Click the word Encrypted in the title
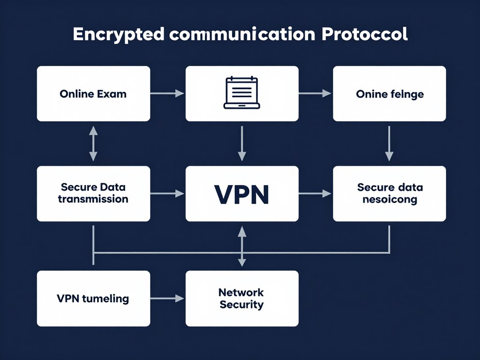pos(118,35)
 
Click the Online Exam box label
pos(93,94)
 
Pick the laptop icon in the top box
pos(242,93)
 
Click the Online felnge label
pos(390,94)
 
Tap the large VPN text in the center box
pos(242,194)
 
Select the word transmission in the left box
pos(93,199)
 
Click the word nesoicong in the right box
pos(390,199)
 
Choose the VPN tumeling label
pos(93,299)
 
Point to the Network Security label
pos(241,299)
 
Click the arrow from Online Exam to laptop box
pos(167,94)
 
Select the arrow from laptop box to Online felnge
pos(315,94)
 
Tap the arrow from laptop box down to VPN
pos(242,143)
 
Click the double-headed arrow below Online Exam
pos(93,143)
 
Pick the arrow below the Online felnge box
pos(389,143)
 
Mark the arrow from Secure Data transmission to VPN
pos(167,193)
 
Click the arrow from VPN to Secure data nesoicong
pos(315,193)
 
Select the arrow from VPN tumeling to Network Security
pos(167,298)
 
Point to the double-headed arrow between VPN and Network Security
pos(242,246)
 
